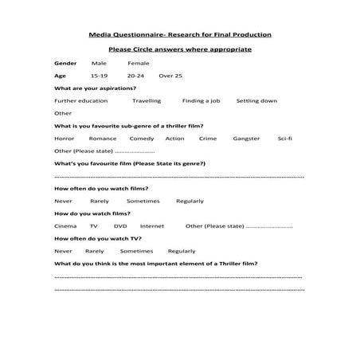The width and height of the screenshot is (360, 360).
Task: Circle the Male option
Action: (x=99, y=62)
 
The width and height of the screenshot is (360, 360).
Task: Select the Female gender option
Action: (x=138, y=62)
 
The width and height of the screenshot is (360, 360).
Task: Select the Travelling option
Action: (x=147, y=101)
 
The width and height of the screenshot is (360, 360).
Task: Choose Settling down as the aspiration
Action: (x=259, y=101)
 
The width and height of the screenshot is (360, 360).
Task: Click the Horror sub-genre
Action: (x=64, y=139)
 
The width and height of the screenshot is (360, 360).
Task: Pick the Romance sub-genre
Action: (x=103, y=139)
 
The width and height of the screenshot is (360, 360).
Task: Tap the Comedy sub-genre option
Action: (x=142, y=139)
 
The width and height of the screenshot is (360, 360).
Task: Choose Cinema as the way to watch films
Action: (x=65, y=226)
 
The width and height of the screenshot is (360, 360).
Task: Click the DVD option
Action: (x=120, y=226)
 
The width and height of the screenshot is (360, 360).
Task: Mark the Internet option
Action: (x=152, y=226)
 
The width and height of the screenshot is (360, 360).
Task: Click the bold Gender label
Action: (x=65, y=62)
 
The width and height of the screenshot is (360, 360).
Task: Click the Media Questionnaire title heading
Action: (x=179, y=35)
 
